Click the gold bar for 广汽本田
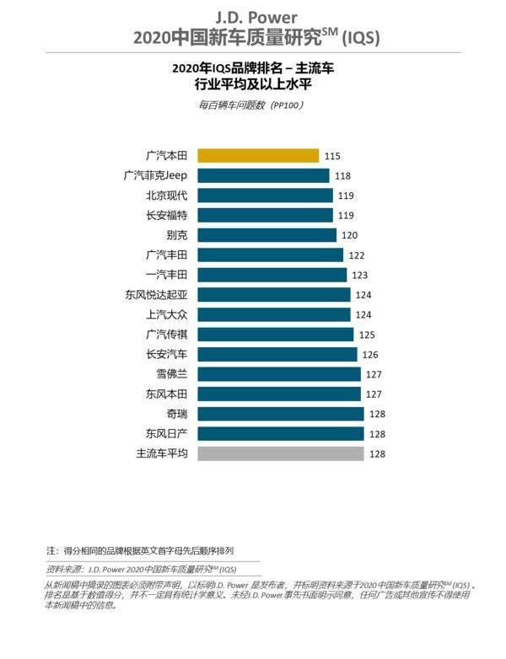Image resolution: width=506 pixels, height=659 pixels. pos(258,156)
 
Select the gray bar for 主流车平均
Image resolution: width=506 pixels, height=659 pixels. pos(279,453)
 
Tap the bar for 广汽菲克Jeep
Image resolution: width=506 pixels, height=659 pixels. pos(263,175)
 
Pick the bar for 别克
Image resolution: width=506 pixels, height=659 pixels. pos(266,235)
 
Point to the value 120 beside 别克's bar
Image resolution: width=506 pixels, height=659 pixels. pos(349,235)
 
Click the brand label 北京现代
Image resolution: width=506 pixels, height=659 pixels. pos(166,196)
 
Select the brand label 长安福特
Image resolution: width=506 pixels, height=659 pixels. pos(166,216)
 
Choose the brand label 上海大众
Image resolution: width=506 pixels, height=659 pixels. pos(166,314)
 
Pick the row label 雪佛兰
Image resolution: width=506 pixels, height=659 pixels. pos(172,374)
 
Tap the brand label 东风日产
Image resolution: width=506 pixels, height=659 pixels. pos(166,434)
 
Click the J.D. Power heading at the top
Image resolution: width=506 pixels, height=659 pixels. pos(252,16)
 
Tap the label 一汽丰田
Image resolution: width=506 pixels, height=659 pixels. pos(166,275)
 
